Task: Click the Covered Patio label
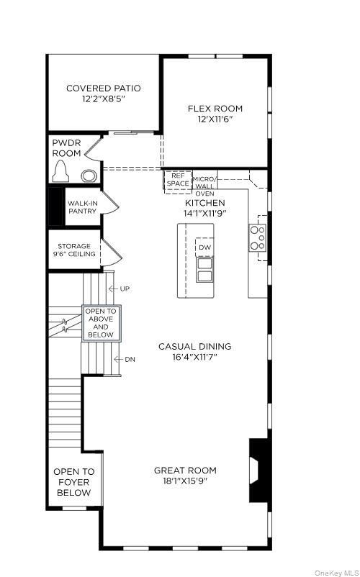point(103,88)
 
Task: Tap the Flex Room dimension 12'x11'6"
point(215,120)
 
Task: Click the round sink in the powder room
point(89,175)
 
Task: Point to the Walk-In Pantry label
point(82,207)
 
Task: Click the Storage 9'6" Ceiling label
point(74,250)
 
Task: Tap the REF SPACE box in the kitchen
point(177,180)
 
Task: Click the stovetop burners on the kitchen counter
point(257,238)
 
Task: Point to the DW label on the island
point(204,247)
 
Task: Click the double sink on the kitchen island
point(204,268)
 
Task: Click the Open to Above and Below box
point(101,323)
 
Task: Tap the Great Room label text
point(185,471)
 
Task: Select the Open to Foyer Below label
point(73,482)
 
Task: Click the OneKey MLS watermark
point(335,572)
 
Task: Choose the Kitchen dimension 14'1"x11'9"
point(205,214)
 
